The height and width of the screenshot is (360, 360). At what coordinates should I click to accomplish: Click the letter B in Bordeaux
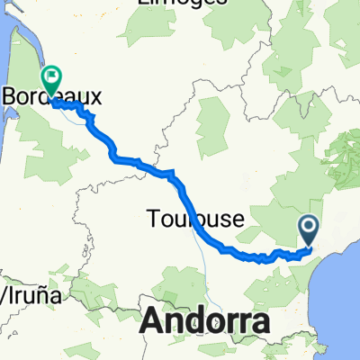(x=13, y=94)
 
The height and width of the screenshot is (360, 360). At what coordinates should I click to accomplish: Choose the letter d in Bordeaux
(x=48, y=94)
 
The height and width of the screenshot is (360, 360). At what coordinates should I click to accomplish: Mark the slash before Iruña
(x=3, y=294)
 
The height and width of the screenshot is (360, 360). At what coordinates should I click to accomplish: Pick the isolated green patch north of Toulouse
(x=213, y=121)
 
